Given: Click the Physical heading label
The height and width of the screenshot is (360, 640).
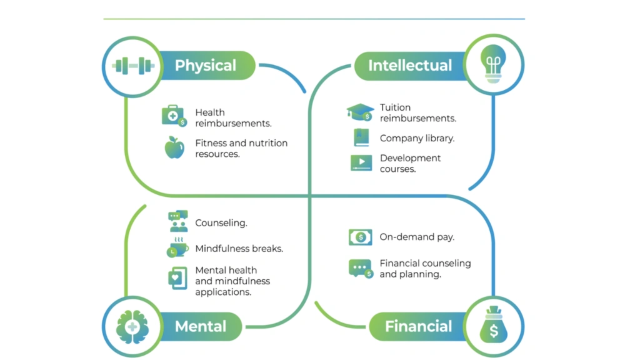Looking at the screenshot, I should coord(205,66).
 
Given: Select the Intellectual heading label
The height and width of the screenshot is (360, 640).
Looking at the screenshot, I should coord(409,66).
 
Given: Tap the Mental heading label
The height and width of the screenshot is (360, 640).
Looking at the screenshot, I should coord(200,326).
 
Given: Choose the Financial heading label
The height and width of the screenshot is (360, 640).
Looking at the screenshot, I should coord(418,326).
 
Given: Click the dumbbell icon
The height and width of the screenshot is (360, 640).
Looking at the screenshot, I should coord(132,65).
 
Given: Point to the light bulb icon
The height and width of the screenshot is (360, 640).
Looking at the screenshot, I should coord(493,64).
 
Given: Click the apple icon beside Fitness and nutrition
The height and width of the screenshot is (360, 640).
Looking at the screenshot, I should coord(174,147).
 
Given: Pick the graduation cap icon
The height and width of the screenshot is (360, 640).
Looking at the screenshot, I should coord(360,112).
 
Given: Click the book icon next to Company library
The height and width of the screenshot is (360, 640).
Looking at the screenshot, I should coord(361,137).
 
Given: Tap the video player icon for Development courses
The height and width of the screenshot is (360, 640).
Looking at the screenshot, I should coord(361,163).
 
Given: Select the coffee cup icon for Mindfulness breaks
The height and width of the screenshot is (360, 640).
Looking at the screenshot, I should coord(177,247).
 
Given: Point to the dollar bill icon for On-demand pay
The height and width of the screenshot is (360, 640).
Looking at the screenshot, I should coord(361,237).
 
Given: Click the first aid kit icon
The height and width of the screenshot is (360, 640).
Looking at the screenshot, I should coord(174,116).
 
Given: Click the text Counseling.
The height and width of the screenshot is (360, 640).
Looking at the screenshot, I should coord(221,223).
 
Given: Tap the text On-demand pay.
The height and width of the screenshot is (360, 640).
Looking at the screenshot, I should coord(417,237).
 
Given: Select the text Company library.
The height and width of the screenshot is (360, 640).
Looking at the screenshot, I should coord(417,138).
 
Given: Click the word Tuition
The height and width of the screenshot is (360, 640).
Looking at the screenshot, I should coord(395,107).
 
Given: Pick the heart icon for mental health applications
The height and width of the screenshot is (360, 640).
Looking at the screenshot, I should coord(177,277).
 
